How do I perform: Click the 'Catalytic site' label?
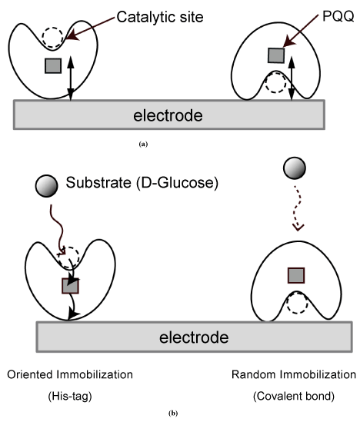(160, 18)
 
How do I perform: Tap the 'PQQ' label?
(338, 17)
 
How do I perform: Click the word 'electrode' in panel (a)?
(168, 116)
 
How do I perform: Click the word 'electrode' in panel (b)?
(194, 337)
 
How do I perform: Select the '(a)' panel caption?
(143, 145)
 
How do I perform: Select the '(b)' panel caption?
(173, 414)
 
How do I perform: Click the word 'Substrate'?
(98, 182)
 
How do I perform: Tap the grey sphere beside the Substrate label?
(47, 186)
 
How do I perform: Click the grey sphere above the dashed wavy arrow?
(295, 168)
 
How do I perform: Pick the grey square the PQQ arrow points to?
(276, 55)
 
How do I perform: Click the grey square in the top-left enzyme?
(53, 65)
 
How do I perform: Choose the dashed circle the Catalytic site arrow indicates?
(52, 38)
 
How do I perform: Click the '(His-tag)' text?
(70, 396)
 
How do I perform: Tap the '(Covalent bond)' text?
(294, 396)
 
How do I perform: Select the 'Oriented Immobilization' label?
(70, 374)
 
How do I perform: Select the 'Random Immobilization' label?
(294, 374)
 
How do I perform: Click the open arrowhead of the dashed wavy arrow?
(298, 228)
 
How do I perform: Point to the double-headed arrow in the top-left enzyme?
(71, 78)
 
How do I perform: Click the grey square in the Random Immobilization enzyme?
(296, 275)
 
